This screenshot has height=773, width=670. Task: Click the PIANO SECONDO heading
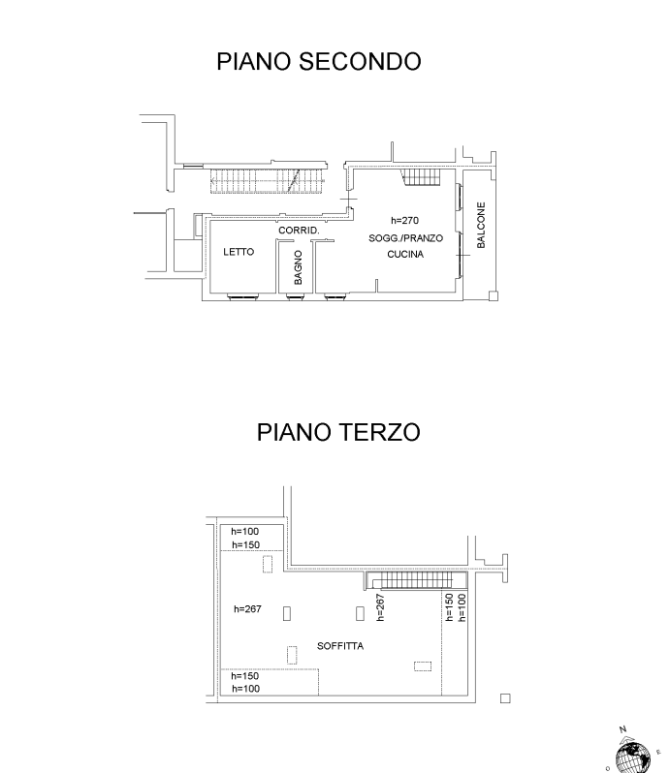319,62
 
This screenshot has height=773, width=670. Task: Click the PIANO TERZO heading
338,432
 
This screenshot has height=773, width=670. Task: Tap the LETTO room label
239,252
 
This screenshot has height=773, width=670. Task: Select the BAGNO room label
298,267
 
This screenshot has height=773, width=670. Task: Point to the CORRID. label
299,231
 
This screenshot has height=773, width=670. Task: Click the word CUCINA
405,255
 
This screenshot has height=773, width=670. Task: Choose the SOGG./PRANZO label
405,238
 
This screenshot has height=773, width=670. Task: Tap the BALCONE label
481,225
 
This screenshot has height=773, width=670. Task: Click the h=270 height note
404,220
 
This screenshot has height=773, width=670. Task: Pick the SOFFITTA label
340,646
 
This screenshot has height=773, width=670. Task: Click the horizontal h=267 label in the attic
247,609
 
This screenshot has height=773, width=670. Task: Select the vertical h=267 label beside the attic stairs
380,607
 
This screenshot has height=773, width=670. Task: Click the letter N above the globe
622,729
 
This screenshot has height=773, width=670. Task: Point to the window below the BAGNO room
295,296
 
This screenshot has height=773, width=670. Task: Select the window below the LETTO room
242,296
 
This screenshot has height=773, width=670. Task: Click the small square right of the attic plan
505,698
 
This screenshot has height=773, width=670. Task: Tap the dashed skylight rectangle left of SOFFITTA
292,655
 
